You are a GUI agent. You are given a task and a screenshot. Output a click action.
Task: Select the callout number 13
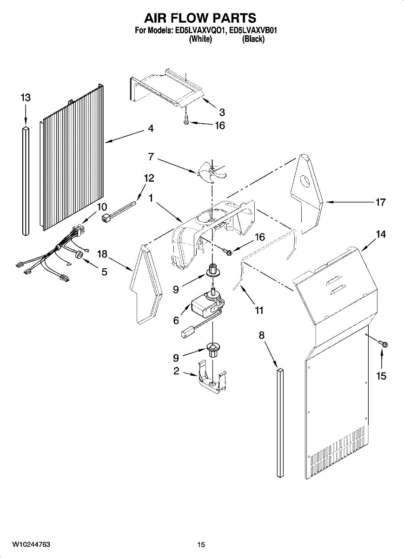[26, 98]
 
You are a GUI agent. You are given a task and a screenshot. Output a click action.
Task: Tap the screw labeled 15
[384, 344]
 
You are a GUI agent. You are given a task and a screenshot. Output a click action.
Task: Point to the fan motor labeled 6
[205, 306]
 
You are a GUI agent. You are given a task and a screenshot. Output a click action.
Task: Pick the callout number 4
[151, 129]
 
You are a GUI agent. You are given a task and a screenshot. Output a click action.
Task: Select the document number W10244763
[31, 545]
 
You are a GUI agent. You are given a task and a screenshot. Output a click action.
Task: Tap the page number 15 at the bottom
[201, 545]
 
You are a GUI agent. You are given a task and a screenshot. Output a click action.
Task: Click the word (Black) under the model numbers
[253, 40]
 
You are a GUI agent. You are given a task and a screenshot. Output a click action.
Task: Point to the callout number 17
[380, 202]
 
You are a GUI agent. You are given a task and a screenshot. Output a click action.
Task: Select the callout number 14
[381, 235]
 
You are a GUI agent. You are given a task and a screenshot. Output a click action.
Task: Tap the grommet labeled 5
[79, 254]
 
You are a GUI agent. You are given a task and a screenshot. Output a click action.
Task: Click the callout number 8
[261, 334]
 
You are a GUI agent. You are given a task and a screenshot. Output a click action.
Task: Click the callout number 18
[102, 253]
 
